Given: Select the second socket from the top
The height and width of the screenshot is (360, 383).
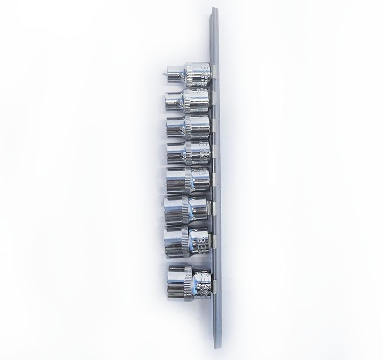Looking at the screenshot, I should tap(188, 101).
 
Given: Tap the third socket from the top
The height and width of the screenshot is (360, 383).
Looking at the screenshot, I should tap(188, 127).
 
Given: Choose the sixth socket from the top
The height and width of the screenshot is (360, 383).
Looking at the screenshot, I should tap(186, 209).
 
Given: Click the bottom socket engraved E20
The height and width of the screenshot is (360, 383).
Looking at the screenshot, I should tap(189, 282).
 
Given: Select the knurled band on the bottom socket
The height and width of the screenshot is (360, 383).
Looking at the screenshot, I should tap(188, 282).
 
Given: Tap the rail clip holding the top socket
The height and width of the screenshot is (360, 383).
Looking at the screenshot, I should tap(214, 72).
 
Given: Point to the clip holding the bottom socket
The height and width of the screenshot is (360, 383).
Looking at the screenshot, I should tap(214, 286).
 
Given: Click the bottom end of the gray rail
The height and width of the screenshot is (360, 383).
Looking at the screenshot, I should tap(218, 343).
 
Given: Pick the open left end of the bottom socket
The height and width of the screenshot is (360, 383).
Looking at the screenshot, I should tap(169, 282).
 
